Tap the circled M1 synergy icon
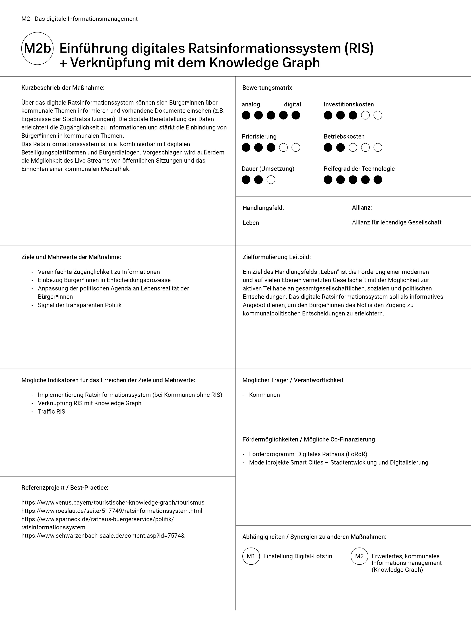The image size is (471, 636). (x=251, y=556)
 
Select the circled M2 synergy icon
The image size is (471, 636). (x=359, y=556)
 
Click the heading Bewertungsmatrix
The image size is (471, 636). (x=267, y=88)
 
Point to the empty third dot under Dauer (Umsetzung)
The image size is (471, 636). (x=271, y=180)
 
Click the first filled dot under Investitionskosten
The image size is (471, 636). (x=328, y=115)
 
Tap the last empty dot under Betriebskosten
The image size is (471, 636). (x=378, y=148)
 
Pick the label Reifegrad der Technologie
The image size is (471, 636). (x=359, y=169)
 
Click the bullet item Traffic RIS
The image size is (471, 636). (x=51, y=412)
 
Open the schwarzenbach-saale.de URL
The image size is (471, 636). (x=103, y=536)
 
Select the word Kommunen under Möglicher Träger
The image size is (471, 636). (x=264, y=395)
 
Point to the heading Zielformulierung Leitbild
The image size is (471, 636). (x=276, y=257)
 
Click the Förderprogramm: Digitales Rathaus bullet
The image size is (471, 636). (x=308, y=454)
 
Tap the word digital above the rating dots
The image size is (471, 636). (x=292, y=105)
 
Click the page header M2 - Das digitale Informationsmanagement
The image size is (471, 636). (x=80, y=19)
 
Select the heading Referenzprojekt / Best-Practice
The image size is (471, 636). (x=65, y=488)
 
